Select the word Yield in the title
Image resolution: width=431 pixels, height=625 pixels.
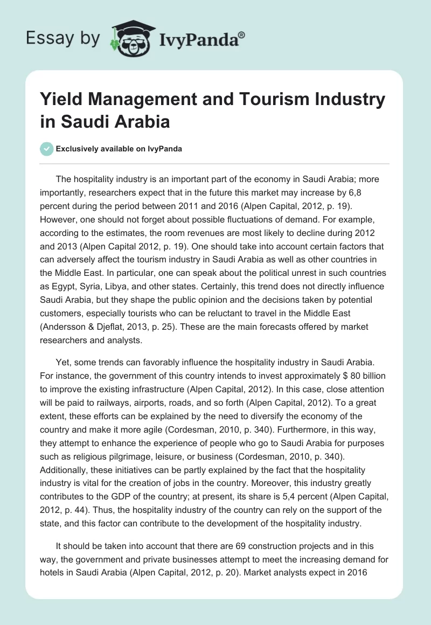click(x=60, y=100)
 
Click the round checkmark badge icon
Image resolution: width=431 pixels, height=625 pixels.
click(x=47, y=149)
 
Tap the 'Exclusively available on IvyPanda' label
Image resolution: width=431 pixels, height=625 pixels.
click(x=120, y=149)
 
